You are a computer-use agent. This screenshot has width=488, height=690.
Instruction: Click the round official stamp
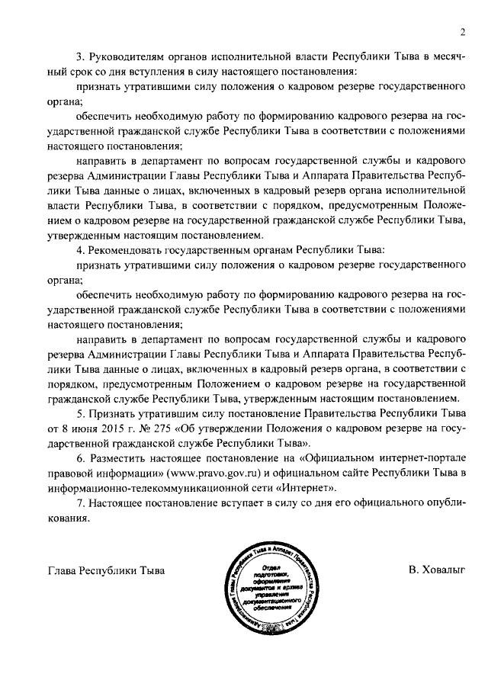(266, 584)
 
